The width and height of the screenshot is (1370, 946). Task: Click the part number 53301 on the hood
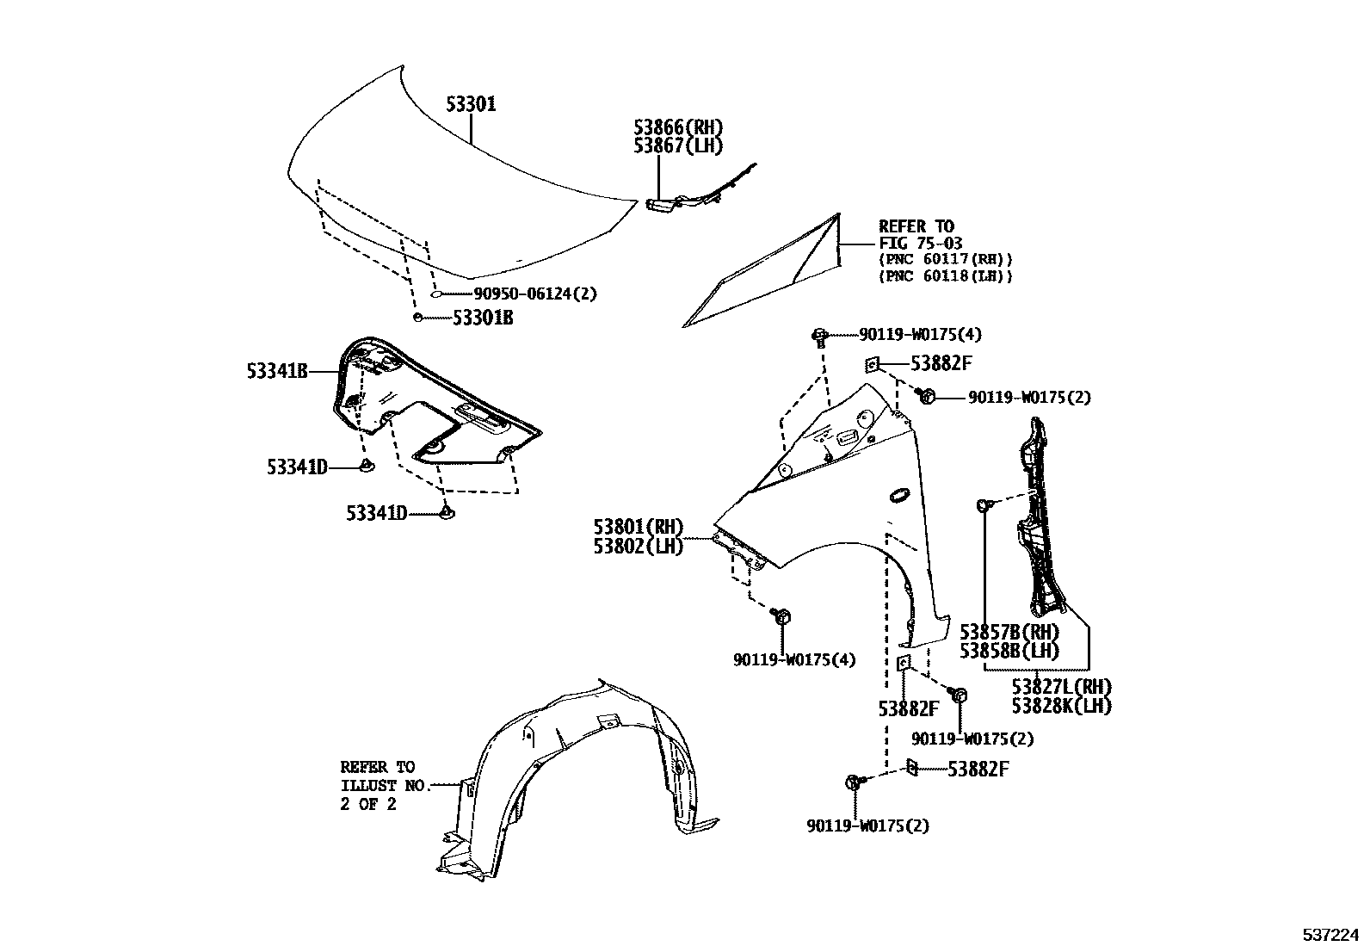471,105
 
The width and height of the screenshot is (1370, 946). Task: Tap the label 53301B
483,318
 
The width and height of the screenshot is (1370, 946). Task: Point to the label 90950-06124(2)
534,294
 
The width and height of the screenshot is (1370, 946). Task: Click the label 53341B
277,372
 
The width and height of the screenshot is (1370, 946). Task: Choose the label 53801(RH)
638,527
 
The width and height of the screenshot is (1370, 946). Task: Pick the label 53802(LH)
638,546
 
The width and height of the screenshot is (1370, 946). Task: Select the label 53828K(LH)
1061,706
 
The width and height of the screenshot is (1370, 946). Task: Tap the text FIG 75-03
920,244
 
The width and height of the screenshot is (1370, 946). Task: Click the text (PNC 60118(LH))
946,276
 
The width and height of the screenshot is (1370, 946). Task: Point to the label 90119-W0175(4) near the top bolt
907,334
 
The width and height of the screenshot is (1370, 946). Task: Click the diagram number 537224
1330,934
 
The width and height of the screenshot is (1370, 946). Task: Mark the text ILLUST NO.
384,785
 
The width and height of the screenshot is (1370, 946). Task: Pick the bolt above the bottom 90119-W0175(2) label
855,782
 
